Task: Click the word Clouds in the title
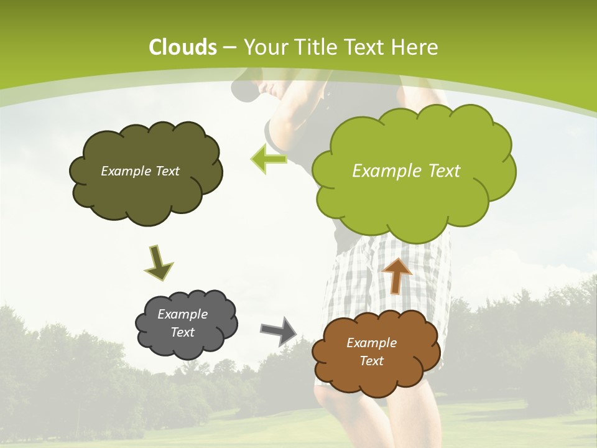[183, 47]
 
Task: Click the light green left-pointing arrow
[269, 159]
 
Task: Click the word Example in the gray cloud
[182, 314]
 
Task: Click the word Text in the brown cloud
[371, 361]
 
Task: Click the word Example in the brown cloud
[371, 343]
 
